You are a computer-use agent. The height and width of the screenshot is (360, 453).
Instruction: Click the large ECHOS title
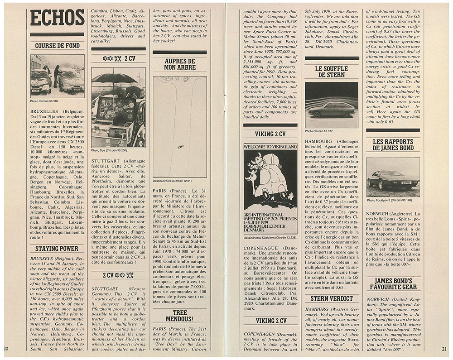pos(57,18)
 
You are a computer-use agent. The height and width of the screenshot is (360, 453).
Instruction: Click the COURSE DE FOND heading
pos(57,45)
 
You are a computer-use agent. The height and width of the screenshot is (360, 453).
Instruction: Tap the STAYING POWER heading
pos(57,249)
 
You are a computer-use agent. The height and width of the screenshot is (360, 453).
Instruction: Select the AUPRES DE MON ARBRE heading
pos(180,64)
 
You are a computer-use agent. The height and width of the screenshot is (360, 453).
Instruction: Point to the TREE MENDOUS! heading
pos(180,316)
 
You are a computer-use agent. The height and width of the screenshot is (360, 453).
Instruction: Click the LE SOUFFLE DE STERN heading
pos(332,72)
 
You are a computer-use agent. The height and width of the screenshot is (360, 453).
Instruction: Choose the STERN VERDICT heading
pos(332,298)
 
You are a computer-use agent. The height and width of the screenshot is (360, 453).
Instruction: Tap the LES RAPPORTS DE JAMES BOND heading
pos(393,145)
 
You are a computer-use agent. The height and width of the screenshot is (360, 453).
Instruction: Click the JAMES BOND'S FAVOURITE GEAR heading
pos(393,284)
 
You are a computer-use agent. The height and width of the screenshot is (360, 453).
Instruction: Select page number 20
pos(6,348)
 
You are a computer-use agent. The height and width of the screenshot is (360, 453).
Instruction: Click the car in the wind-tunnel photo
pos(333,110)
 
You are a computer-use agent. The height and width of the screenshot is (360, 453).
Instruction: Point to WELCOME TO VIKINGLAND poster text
pos(270,147)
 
